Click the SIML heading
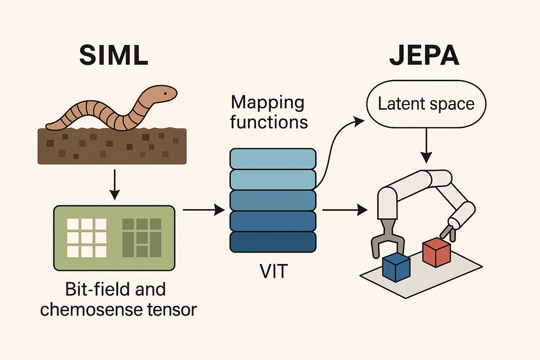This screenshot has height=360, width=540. (114, 55)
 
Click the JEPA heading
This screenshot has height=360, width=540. (424, 55)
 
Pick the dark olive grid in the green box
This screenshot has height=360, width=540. (142, 238)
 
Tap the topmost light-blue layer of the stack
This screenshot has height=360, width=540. (272, 159)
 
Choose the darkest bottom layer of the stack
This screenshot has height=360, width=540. (272, 242)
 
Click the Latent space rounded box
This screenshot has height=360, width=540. (425, 105)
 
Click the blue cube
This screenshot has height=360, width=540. (397, 267)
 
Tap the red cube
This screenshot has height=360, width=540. (436, 252)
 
